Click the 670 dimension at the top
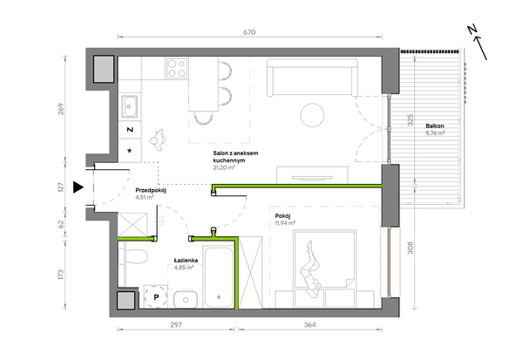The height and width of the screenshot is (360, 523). [249, 32]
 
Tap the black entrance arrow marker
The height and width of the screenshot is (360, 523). [78, 187]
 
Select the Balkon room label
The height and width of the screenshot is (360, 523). [435, 126]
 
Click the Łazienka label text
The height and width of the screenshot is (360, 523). [186, 261]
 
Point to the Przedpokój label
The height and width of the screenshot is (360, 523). [151, 191]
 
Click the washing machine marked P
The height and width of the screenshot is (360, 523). [156, 296]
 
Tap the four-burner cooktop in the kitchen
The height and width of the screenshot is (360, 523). [177, 68]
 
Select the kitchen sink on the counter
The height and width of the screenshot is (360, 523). [129, 106]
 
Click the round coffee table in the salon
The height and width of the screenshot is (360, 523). [312, 115]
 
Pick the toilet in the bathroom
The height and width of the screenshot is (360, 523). [135, 256]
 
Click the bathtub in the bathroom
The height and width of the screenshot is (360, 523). [219, 277]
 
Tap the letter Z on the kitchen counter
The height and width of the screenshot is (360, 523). [130, 130]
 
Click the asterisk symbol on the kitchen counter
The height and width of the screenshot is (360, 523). [130, 151]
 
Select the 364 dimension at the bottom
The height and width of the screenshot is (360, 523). [309, 324]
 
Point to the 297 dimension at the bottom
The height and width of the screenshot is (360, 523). [176, 324]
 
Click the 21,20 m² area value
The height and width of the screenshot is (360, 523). [224, 167]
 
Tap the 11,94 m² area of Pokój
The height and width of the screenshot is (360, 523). [285, 223]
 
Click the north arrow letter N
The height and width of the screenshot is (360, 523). [472, 30]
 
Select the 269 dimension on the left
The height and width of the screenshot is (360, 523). [61, 110]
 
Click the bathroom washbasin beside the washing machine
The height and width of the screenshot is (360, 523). [186, 299]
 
